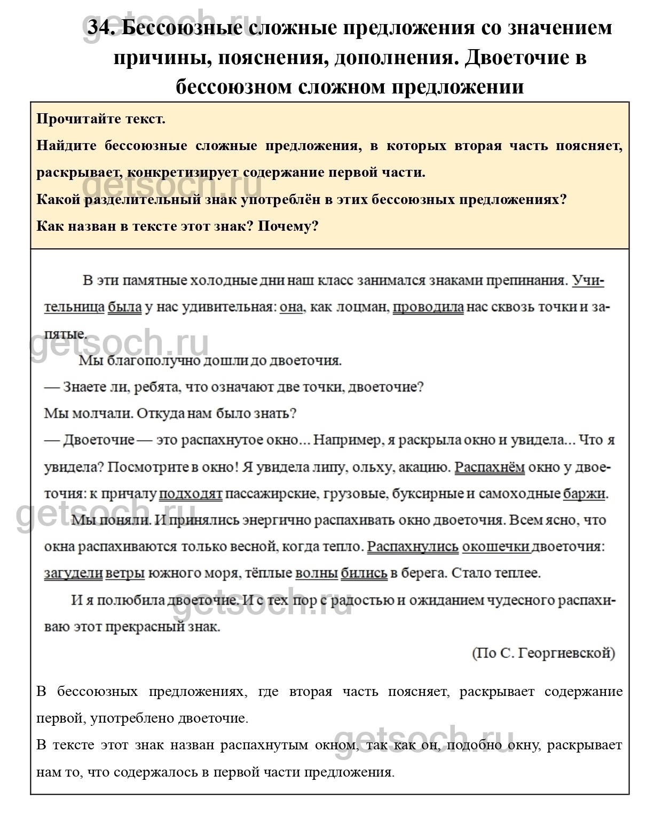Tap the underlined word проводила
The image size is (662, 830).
[x=428, y=307]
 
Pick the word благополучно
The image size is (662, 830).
[x=162, y=361]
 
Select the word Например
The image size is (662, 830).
[x=347, y=440]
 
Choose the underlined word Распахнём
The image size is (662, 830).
[x=490, y=467]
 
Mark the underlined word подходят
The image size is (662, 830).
[x=191, y=494]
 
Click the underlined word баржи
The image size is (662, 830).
[x=584, y=494]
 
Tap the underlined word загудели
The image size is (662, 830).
[x=73, y=573]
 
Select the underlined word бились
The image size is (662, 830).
[x=364, y=573]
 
